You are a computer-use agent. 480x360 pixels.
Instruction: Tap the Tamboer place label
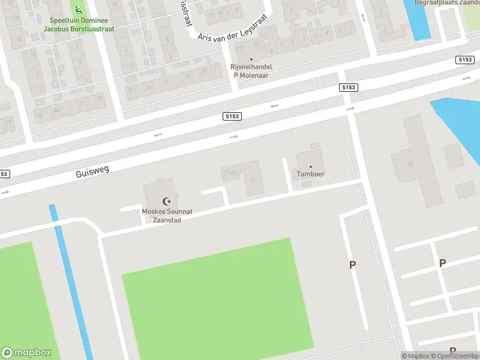(311, 174)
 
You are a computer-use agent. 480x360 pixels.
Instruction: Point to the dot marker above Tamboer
(311, 166)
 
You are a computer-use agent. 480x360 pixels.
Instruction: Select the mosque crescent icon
(167, 201)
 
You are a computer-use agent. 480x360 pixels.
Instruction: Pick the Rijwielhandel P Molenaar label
(251, 71)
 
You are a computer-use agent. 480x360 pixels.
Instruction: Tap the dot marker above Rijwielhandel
(251, 59)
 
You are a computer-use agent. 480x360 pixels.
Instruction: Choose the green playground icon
(77, 10)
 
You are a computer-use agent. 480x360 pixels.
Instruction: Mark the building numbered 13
(411, 164)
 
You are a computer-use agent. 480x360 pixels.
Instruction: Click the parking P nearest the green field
(353, 265)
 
